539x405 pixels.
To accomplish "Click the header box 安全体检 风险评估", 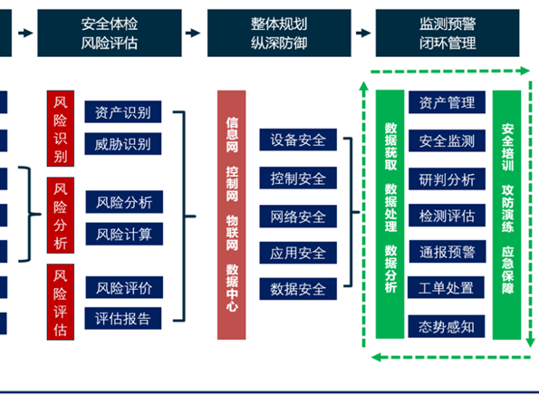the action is tap(110, 33).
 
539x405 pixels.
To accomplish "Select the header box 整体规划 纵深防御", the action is tap(279, 33).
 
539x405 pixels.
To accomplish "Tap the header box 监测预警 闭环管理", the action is tap(448, 33).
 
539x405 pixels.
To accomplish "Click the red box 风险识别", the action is tap(61, 129).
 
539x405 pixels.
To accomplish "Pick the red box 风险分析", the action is tap(61, 216).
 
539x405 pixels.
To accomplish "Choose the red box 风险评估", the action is tap(61, 303).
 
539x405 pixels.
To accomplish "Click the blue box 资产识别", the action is tap(123, 111).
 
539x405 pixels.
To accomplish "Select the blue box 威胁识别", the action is tap(123, 144).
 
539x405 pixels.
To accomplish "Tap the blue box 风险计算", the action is tap(124, 234).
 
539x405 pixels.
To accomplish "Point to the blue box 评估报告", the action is tap(123, 318).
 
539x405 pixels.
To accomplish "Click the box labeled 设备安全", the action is tap(298, 140).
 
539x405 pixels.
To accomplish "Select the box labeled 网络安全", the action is tap(298, 217).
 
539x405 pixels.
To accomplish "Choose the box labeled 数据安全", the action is tap(298, 289).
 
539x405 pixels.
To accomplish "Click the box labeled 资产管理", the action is tap(447, 102).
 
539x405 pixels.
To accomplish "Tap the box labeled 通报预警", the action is tap(448, 252).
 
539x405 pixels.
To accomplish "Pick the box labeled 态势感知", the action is tap(447, 326).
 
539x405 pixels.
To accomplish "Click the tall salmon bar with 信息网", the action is tap(232, 215).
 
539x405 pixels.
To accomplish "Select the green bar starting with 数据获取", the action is tap(390, 215).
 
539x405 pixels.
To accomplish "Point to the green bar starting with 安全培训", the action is tap(507, 215).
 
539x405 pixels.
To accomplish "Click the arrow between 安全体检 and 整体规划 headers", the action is tap(193, 33).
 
